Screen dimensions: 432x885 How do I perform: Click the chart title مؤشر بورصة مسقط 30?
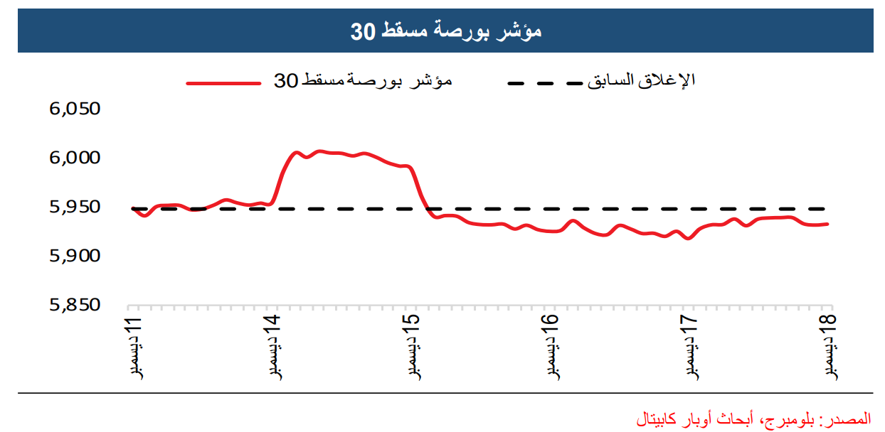446,32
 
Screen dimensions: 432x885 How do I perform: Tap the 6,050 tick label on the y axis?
75,109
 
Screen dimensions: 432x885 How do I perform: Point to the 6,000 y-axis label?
75,158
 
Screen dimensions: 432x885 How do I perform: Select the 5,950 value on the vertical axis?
75,207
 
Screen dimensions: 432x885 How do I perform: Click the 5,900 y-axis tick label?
75,256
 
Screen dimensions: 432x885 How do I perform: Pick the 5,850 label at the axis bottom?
75,305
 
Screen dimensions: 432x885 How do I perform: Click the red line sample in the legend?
223,83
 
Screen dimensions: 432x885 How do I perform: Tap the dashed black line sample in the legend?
544,83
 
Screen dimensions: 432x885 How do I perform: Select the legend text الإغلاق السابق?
641,81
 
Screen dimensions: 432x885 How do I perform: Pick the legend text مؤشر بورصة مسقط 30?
364,81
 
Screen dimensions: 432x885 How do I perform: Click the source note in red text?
753,418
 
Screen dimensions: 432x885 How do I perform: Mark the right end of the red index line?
827,224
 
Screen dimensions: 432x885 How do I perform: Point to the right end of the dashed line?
827,209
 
